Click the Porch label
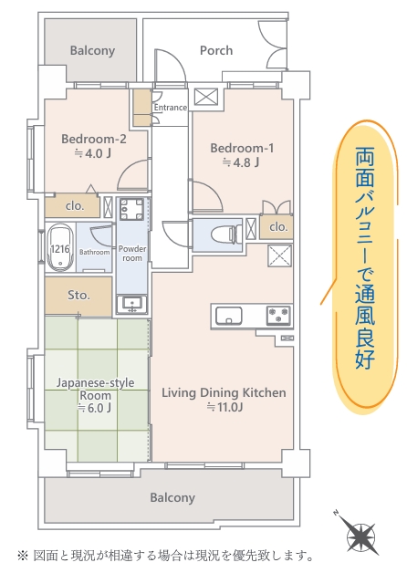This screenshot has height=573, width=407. [x=216, y=50]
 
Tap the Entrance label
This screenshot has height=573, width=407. [x=171, y=108]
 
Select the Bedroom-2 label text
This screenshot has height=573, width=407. [x=94, y=139]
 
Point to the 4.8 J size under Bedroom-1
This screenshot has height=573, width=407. [x=241, y=162]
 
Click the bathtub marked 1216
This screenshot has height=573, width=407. [x=60, y=248]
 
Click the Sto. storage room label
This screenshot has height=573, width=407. [x=78, y=295]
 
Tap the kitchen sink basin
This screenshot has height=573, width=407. [x=229, y=316]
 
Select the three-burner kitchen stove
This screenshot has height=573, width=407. [x=278, y=316]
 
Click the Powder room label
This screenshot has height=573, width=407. [x=132, y=254]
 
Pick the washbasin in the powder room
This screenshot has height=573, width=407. [x=131, y=304]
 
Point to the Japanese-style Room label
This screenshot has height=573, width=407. [x=95, y=389]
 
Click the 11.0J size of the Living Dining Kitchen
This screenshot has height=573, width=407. [x=225, y=407]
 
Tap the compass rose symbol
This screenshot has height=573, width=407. [x=360, y=536]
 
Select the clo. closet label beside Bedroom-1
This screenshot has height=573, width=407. [x=278, y=227]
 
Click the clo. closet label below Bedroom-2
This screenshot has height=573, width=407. [x=75, y=206]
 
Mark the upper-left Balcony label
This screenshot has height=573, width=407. [x=92, y=50]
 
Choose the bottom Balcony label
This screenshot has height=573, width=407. [x=172, y=497]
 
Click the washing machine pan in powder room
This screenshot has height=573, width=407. [x=131, y=209]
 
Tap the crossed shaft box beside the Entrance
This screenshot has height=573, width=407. [x=205, y=97]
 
